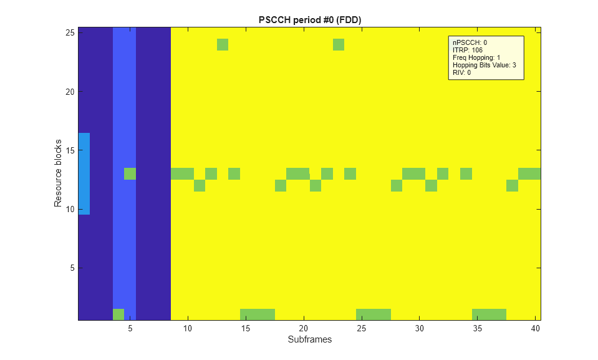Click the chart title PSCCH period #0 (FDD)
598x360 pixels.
coord(310,20)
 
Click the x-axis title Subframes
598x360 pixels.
coord(309,340)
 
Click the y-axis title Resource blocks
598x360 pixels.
coord(58,173)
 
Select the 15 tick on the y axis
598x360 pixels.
coord(71,150)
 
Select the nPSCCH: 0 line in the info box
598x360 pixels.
coord(470,42)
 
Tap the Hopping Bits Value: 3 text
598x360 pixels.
coord(484,65)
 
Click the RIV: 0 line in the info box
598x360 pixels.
coord(461,72)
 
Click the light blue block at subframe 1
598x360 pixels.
coord(84,173)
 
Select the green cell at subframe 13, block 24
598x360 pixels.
coord(223,44)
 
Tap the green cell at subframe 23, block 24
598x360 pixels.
coord(339,44)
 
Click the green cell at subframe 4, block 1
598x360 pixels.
coord(118,314)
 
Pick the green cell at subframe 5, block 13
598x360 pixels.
coord(130,173)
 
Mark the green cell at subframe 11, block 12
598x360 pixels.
coord(200,185)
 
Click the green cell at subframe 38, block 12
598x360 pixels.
coord(512,185)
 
